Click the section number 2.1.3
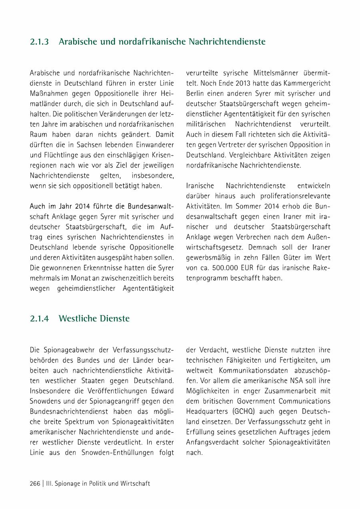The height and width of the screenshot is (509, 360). point(39,42)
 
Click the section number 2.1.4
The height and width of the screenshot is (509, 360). point(39,319)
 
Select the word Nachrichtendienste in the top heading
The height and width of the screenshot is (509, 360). point(226,42)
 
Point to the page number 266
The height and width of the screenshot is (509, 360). point(35,483)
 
